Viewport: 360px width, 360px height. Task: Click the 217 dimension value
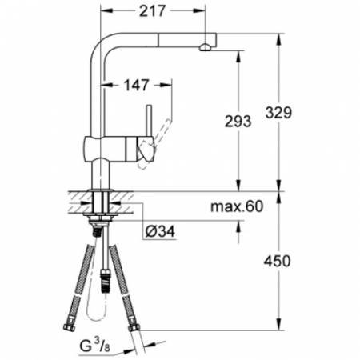[152, 11]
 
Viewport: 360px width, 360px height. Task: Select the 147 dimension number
[137, 85]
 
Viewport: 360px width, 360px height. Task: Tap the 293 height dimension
[238, 122]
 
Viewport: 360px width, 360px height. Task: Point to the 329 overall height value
[278, 113]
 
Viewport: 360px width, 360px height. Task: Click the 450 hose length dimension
[277, 261]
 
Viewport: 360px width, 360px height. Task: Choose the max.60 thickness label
[237, 206]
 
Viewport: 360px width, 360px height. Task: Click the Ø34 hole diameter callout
[160, 231]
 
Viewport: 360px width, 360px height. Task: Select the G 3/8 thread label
[95, 346]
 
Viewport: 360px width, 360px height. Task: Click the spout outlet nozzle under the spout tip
[205, 47]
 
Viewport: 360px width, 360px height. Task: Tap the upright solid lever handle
[149, 122]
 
